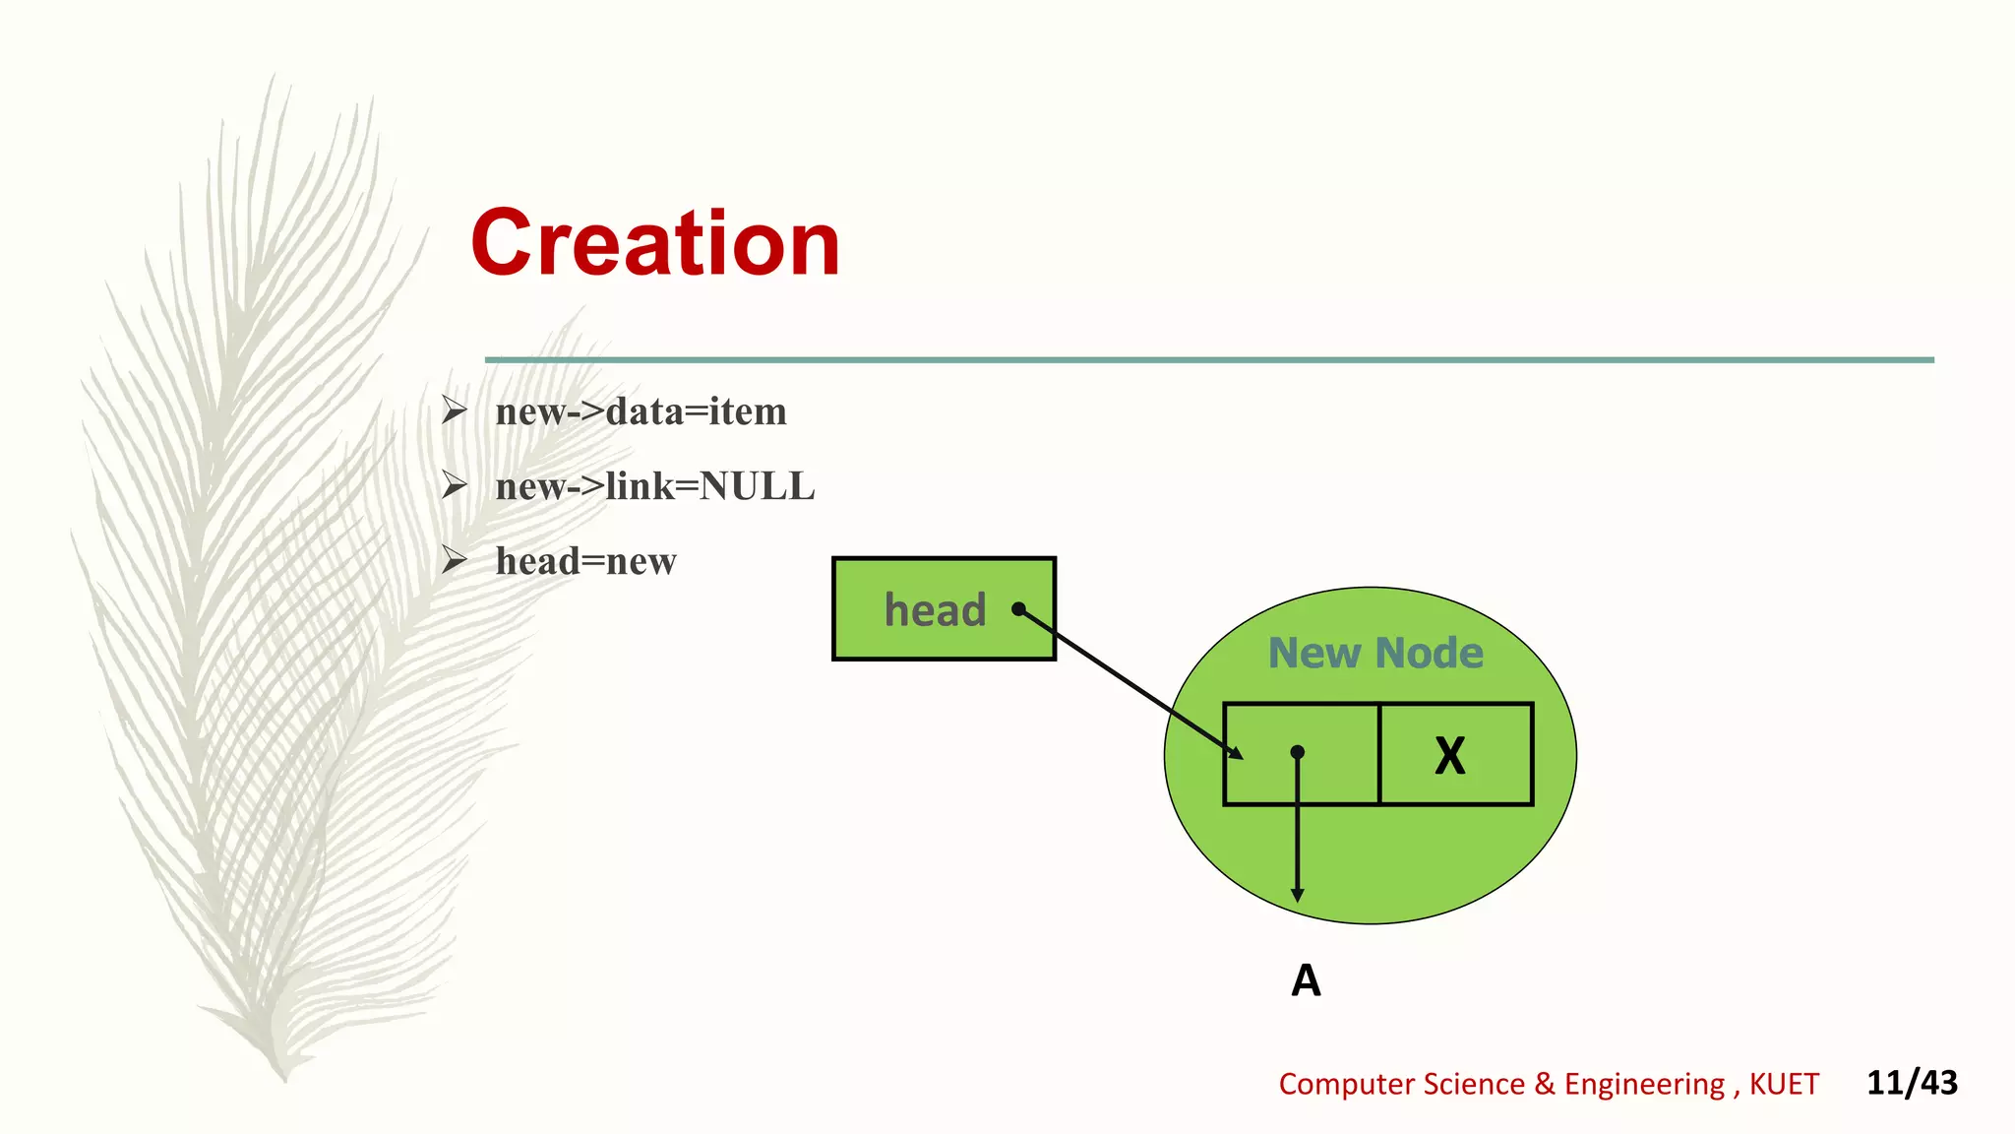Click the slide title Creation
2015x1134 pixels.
[x=655, y=243]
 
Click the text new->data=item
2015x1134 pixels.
[x=641, y=411]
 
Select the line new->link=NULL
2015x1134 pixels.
[x=655, y=486]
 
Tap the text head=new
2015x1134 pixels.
[x=585, y=561]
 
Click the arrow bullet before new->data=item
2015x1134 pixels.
[x=454, y=409]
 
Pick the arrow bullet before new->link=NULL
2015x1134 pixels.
[x=454, y=484]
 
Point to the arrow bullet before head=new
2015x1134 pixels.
[x=454, y=559]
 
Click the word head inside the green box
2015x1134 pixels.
[x=935, y=610]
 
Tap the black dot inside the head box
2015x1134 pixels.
[x=1019, y=609]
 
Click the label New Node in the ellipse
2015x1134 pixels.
[x=1375, y=653]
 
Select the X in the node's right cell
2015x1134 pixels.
[x=1450, y=756]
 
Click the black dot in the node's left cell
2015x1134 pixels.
[x=1298, y=752]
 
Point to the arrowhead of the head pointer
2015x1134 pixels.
[x=1235, y=753]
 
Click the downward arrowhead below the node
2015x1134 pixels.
[x=1298, y=895]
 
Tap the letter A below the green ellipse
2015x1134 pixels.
[x=1306, y=980]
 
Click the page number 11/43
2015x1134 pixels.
[x=1912, y=1083]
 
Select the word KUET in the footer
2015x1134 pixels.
[x=1784, y=1084]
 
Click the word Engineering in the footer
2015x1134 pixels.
[x=1644, y=1084]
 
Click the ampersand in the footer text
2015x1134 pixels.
[x=1545, y=1084]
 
